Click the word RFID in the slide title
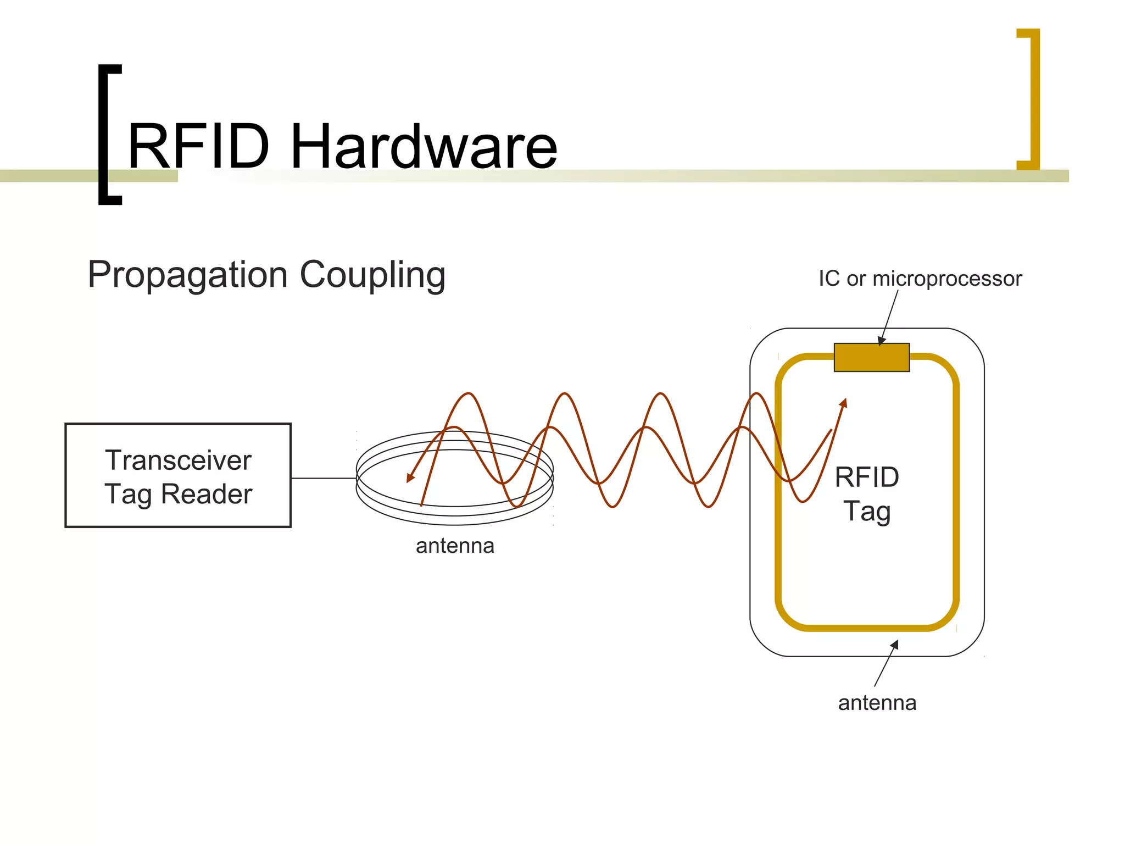[199, 146]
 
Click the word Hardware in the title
[424, 146]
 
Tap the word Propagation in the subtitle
[188, 275]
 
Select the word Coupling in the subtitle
[372, 275]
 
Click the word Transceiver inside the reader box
[178, 460]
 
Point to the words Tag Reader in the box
[178, 493]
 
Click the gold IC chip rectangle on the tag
[871, 358]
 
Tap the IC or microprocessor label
[920, 279]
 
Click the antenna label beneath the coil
[455, 546]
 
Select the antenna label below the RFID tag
[877, 703]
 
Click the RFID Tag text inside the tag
[867, 493]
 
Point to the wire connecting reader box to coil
[324, 478]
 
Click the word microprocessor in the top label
[947, 279]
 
